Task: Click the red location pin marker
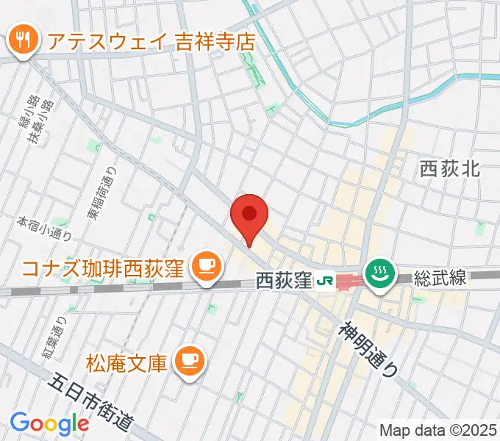tap(249, 215)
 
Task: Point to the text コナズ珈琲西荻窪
tap(103, 267)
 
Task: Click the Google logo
tap(49, 423)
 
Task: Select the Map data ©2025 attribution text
tap(437, 429)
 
